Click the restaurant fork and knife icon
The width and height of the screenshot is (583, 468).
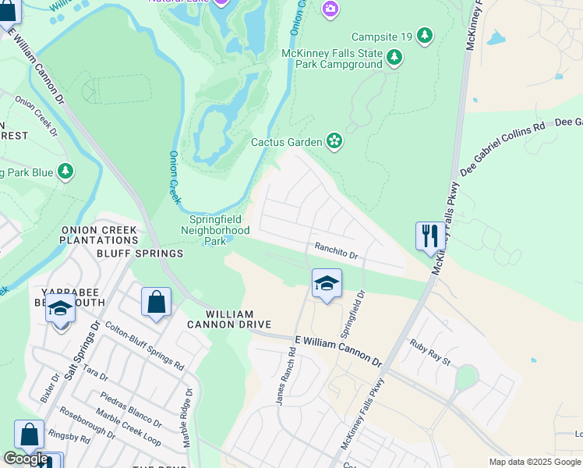click(430, 236)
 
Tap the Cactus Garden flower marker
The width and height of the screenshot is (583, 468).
click(334, 141)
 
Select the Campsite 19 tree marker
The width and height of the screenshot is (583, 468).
click(424, 36)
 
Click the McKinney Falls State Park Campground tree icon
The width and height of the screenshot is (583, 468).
click(395, 57)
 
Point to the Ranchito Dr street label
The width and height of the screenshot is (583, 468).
click(336, 250)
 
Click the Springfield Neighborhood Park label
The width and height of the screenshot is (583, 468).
click(215, 231)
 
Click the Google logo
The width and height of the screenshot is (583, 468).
click(26, 459)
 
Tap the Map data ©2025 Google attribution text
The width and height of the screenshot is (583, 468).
click(535, 462)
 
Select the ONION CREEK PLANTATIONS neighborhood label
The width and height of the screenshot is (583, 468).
click(99, 235)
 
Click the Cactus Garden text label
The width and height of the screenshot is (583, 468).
click(286, 143)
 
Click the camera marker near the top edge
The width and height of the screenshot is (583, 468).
click(330, 8)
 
